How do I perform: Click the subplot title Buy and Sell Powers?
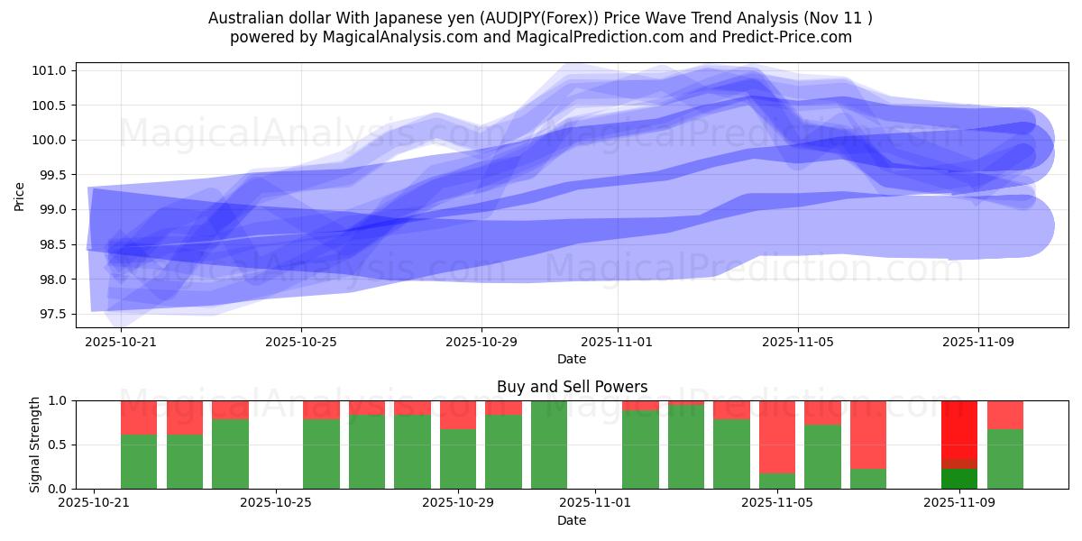572,387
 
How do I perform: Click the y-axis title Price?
20,195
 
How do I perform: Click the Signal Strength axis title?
35,445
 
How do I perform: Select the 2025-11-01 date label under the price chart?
618,342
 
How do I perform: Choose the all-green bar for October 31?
549,445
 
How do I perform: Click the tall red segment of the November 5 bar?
777,436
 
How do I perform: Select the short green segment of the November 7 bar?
868,479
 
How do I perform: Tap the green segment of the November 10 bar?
1005,459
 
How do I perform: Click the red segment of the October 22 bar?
139,417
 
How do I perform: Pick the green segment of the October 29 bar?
458,459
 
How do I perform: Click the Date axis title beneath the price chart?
572,359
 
